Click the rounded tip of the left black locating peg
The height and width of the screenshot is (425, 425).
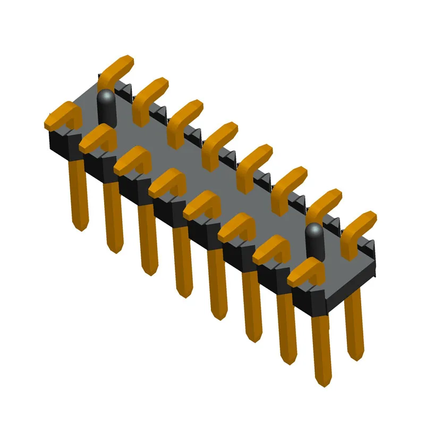pyautogui.click(x=106, y=96)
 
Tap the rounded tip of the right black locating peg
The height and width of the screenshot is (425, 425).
pyautogui.click(x=314, y=229)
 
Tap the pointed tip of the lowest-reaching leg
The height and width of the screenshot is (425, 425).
pyautogui.click(x=322, y=380)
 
